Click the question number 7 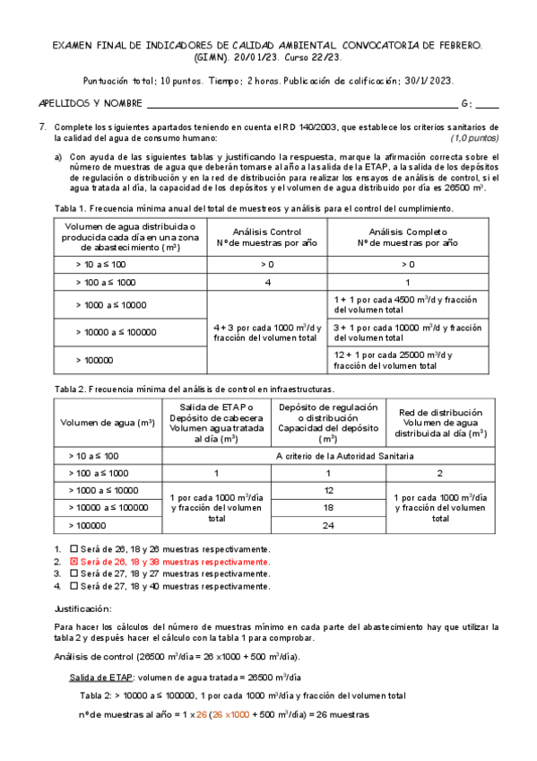(42, 127)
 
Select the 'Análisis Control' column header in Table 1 (266, 237)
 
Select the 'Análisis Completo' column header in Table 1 (408, 237)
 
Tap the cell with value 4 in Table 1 (266, 283)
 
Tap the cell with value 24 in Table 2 (329, 526)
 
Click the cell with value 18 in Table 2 (329, 508)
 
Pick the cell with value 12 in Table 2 (329, 491)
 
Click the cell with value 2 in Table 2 (440, 473)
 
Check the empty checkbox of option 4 (74, 585)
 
